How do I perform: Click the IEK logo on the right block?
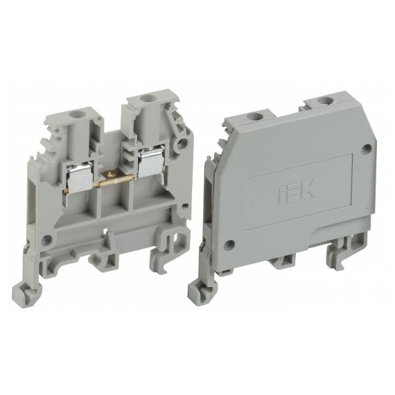tap(299, 191)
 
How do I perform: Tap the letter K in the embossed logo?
tap(310, 188)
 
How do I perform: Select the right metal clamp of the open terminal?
tap(152, 161)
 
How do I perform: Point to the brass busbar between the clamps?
tap(116, 178)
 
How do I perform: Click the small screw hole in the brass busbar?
tap(110, 173)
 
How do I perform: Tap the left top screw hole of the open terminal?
tap(75, 115)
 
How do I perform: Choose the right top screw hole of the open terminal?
tap(146, 98)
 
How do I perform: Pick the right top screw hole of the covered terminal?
tap(324, 100)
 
